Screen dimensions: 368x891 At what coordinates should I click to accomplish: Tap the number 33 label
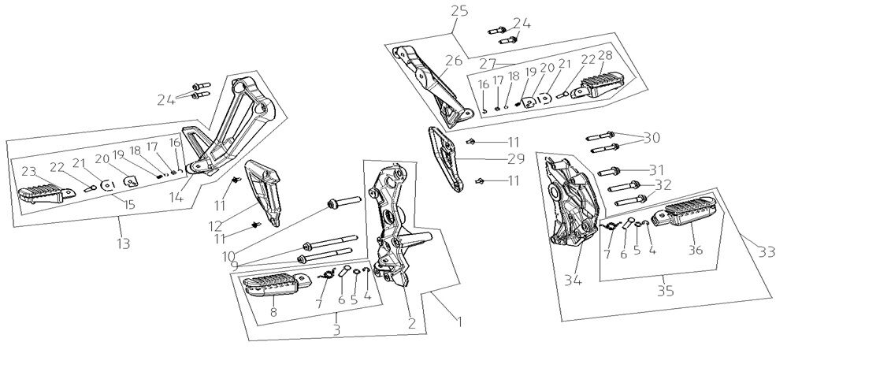766,252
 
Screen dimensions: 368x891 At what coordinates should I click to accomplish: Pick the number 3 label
336,329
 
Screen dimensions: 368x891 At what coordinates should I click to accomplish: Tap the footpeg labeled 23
41,192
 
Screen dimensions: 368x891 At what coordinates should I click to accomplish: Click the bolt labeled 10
342,203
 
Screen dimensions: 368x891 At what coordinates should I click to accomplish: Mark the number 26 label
453,61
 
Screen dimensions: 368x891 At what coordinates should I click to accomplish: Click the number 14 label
176,199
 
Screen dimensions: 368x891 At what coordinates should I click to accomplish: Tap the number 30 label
651,138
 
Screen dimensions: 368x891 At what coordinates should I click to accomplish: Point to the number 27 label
488,63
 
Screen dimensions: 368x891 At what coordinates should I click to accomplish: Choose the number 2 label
410,322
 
